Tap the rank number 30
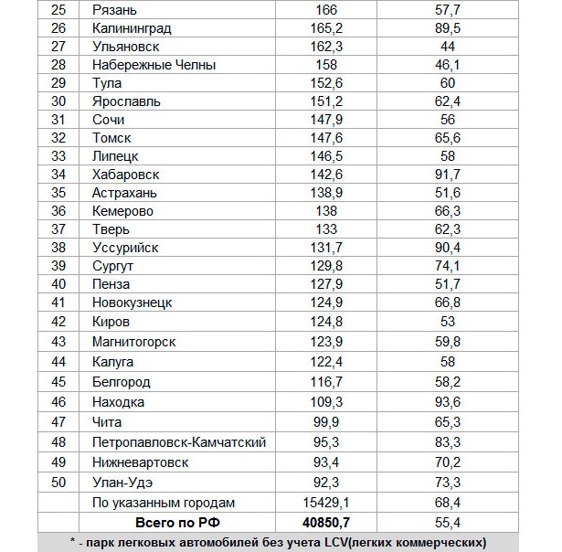(x=58, y=101)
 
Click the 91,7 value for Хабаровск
(x=448, y=175)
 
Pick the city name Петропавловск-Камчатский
(x=179, y=442)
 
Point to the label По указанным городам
(x=164, y=503)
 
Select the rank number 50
(x=58, y=482)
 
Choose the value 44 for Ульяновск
(x=448, y=47)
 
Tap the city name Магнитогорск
(x=134, y=341)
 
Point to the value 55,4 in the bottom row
(x=448, y=523)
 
